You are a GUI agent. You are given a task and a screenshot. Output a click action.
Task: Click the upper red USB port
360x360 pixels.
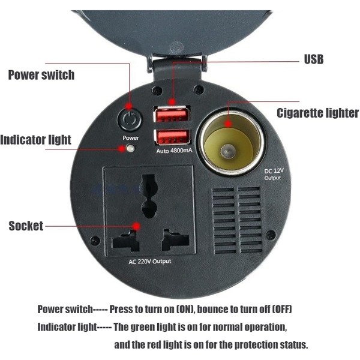coord(172,114)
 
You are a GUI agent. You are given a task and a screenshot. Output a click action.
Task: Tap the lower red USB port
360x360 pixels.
coord(172,137)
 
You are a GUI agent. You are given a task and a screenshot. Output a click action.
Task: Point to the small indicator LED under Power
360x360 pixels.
coord(130,148)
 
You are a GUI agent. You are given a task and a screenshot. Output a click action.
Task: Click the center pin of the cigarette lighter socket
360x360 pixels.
coord(227,152)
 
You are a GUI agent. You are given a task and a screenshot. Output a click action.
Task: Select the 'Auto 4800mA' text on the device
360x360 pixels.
coord(174,151)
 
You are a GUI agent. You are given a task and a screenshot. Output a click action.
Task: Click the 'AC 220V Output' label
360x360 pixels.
coord(149,262)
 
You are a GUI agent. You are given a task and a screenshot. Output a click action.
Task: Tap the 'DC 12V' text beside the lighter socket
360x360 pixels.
coord(274,171)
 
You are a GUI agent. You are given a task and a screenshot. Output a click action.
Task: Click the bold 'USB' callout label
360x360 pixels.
coord(314,59)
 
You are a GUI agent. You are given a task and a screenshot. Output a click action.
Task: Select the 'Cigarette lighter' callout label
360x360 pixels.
coord(318,113)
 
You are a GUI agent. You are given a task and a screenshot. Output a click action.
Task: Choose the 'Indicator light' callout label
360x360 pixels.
coord(35,140)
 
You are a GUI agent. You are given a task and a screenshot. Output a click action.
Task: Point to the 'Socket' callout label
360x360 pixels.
coord(26,226)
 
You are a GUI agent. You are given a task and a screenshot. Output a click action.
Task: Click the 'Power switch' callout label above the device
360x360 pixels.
coord(41,75)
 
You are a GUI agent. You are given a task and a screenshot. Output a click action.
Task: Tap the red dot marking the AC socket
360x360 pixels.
coord(137,226)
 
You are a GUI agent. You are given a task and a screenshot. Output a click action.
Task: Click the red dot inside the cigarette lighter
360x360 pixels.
coord(228,124)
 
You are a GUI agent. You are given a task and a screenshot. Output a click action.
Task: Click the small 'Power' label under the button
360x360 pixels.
coord(131,138)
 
